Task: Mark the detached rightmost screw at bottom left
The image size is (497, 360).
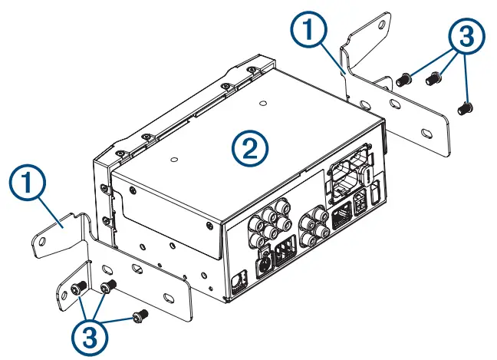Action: tap(140, 314)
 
